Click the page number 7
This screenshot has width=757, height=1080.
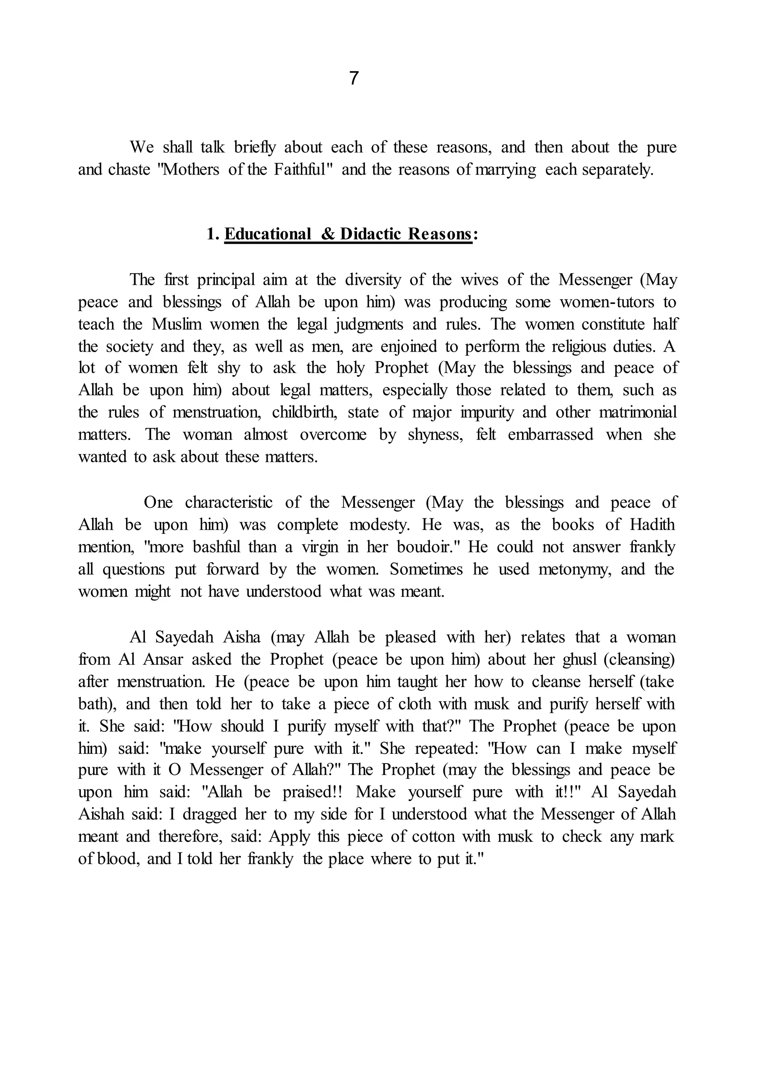tap(354, 78)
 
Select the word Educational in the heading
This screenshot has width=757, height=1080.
tap(267, 234)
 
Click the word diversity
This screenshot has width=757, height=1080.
tap(373, 280)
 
